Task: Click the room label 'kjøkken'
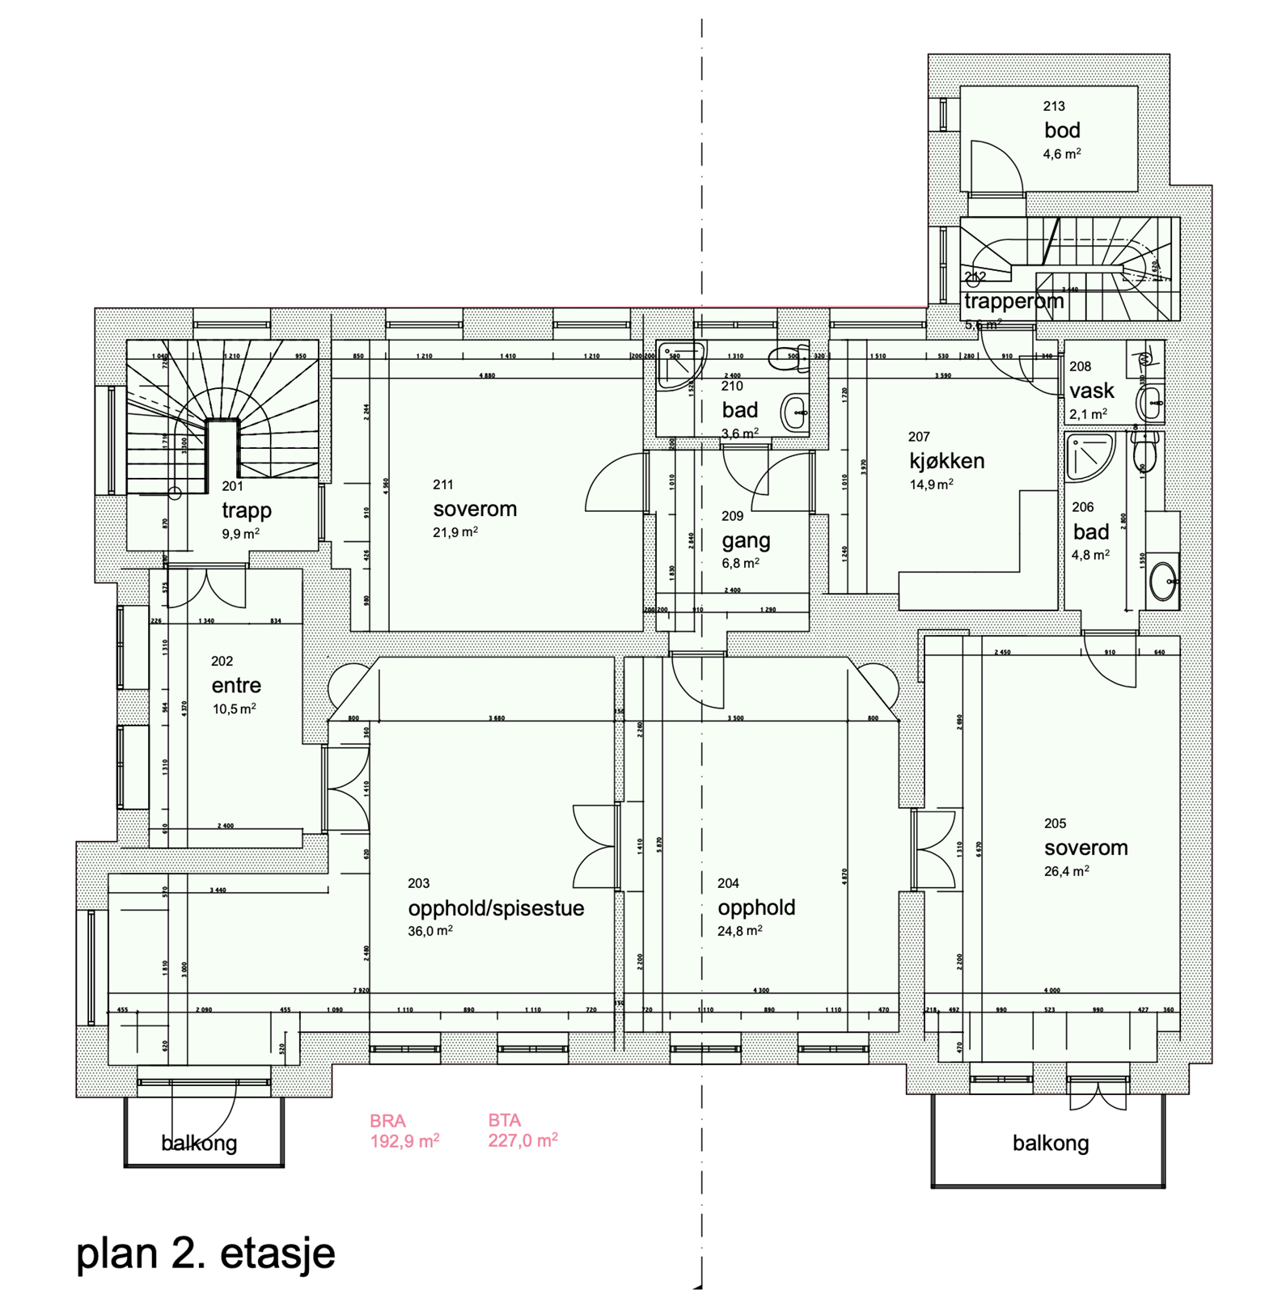tap(946, 461)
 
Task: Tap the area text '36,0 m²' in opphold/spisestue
tap(429, 931)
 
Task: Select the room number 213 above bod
tap(1053, 106)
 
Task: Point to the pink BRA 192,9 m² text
tap(404, 1131)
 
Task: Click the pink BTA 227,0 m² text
tap(522, 1131)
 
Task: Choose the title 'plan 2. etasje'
tap(205, 1253)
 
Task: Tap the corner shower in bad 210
tap(678, 365)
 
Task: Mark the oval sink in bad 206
tap(1162, 580)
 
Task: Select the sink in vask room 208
tap(1150, 402)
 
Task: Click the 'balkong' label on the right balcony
tap(1050, 1143)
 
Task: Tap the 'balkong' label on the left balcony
tap(199, 1143)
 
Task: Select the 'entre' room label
tap(236, 685)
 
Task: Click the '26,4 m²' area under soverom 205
tap(1065, 871)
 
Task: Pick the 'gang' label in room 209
tap(746, 540)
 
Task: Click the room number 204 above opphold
tap(728, 883)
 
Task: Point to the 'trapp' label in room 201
tap(247, 510)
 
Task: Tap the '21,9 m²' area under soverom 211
tap(455, 532)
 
